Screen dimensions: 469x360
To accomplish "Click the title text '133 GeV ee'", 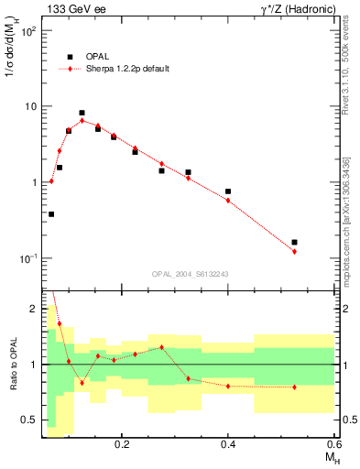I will (74, 8).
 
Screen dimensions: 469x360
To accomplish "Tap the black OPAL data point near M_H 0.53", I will (294, 243).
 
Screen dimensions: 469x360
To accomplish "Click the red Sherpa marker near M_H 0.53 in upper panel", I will (294, 251).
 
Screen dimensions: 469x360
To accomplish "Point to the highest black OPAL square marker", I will (82, 113).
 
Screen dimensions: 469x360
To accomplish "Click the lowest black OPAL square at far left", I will (51, 214).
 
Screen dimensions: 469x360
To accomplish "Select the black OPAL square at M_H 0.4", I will (228, 191).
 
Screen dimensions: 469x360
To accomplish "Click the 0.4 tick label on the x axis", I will (228, 443).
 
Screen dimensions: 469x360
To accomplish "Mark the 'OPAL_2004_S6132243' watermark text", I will (190, 274).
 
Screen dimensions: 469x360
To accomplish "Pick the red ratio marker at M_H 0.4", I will (228, 386).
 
